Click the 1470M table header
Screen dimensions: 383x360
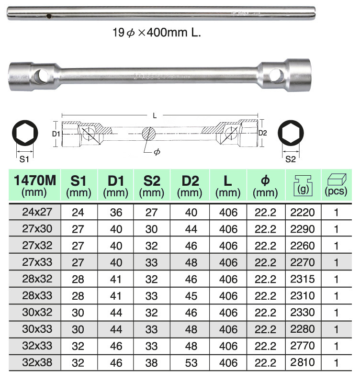(35, 186)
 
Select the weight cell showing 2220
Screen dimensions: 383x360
(303, 213)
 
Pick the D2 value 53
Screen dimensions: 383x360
(191, 363)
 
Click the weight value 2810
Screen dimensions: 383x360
(303, 363)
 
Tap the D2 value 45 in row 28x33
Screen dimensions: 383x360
(191, 296)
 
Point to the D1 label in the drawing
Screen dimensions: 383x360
(56, 134)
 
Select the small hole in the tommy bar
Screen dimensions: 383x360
(49, 17)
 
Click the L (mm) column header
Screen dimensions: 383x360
(228, 186)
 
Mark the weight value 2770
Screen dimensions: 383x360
(303, 346)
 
